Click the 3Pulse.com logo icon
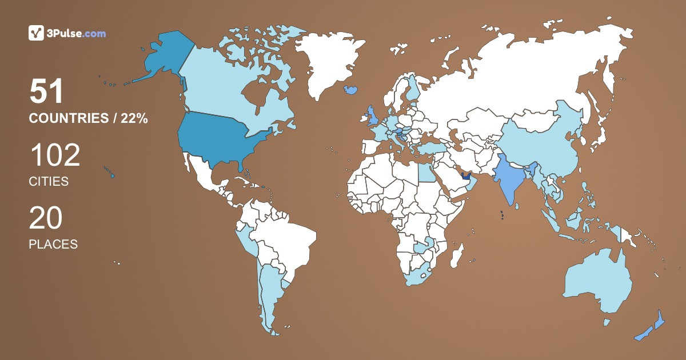coord(36,33)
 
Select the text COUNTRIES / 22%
coord(89,118)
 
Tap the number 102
coord(54,155)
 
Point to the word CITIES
coord(49,182)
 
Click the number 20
coord(46,218)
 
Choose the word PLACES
coord(53,244)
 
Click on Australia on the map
coord(597,283)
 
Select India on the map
coord(512,177)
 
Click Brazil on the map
coord(286,240)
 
